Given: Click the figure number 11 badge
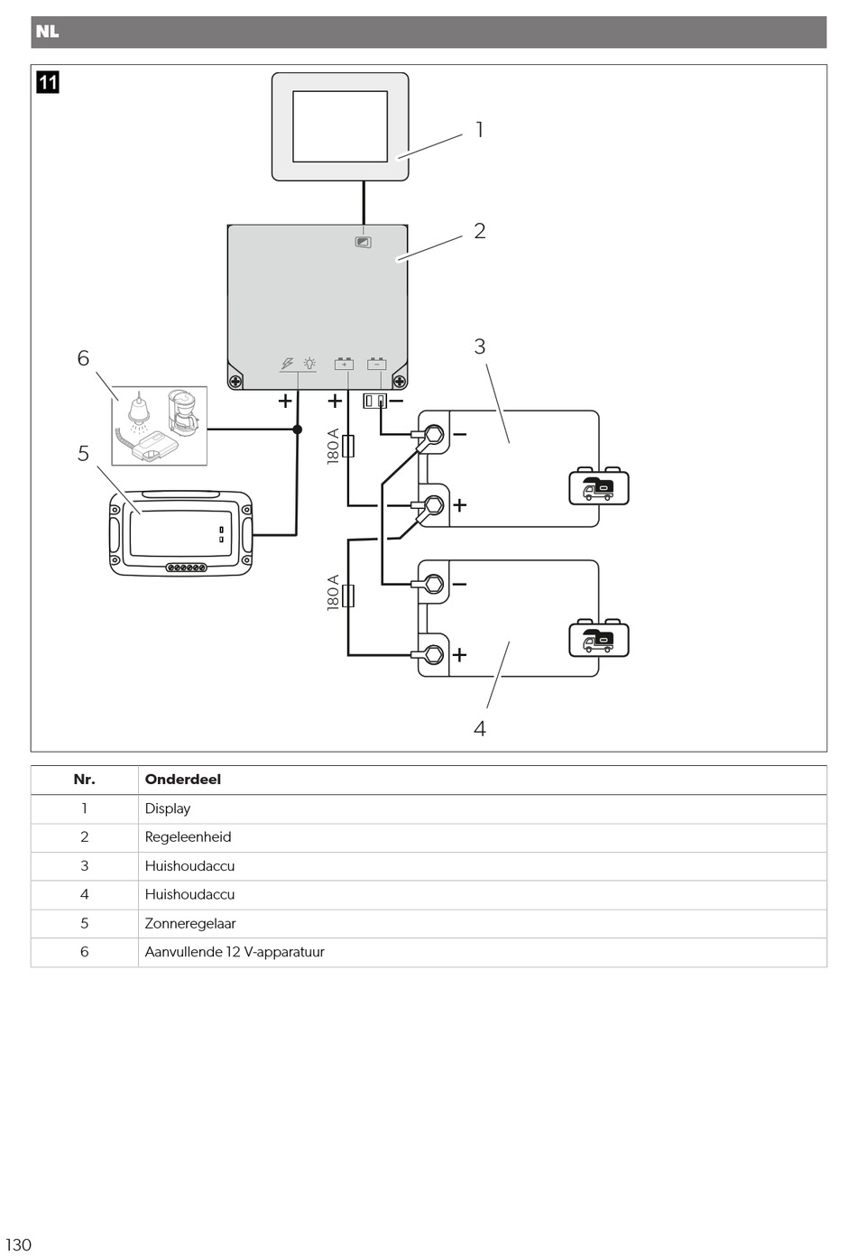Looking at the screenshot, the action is click(48, 82).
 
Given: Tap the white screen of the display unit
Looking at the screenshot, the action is click(340, 126).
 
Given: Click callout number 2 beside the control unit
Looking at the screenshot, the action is click(480, 230).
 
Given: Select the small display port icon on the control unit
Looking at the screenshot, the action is click(364, 242).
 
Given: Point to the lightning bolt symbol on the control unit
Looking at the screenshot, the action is click(287, 364).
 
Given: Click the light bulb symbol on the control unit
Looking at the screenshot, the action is click(309, 364).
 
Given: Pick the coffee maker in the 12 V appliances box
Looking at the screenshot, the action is click(183, 412).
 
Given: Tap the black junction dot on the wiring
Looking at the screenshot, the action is click(298, 429).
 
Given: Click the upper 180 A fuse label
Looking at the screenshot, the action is click(334, 447).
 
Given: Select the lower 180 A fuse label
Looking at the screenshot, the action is click(334, 593).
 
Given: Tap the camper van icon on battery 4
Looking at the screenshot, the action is click(599, 638).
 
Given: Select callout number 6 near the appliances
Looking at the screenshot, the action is click(83, 357).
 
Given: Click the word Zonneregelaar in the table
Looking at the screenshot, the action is click(190, 923).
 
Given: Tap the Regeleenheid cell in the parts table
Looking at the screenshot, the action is click(188, 836).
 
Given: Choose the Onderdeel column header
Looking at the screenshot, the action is click(183, 780).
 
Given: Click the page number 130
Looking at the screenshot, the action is click(18, 1244).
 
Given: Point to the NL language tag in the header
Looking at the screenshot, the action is click(47, 32).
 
